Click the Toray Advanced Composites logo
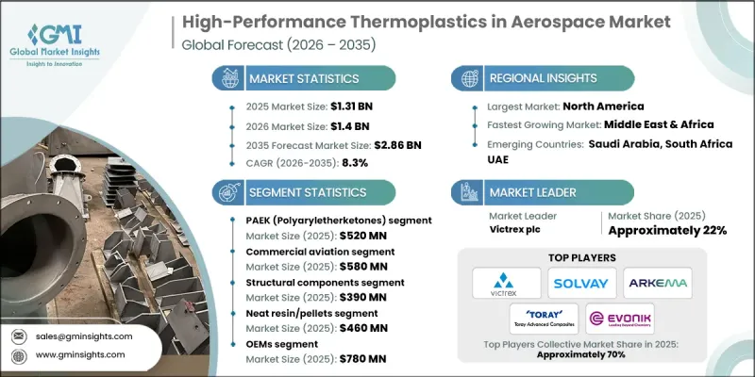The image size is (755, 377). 544,319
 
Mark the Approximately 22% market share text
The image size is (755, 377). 669,231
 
